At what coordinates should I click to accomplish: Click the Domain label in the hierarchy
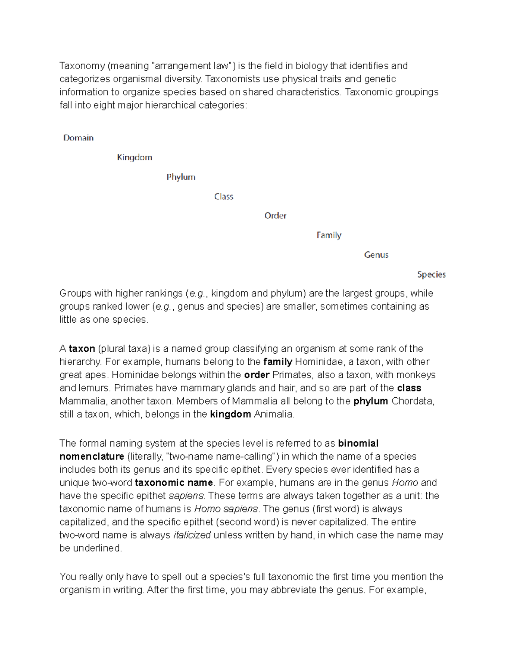[78, 138]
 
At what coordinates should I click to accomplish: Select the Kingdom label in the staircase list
[135, 157]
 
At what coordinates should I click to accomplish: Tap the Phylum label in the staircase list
[180, 177]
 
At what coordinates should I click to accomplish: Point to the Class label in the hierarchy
[223, 197]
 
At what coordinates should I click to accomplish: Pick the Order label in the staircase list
[275, 216]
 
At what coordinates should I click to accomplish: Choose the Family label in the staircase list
[329, 235]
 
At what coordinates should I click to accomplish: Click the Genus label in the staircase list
[376, 255]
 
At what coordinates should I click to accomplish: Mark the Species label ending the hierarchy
[431, 275]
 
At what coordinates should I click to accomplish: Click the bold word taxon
[82, 349]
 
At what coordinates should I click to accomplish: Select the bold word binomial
[358, 443]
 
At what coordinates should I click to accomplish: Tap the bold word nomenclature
[92, 456]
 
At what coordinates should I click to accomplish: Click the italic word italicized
[192, 535]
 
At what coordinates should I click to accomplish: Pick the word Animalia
[273, 414]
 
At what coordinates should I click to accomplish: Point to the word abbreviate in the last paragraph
[293, 590]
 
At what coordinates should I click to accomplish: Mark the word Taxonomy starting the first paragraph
[82, 66]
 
